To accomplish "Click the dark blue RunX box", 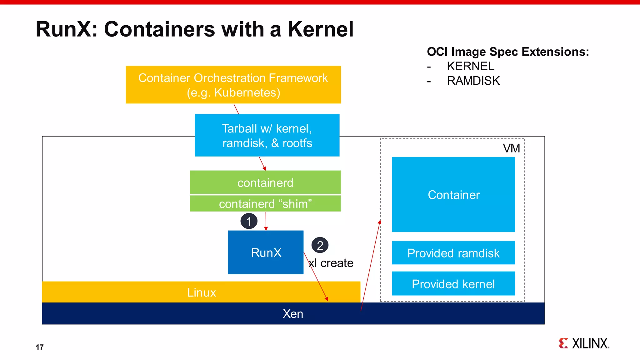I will point(266,252).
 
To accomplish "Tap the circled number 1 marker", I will point(249,221).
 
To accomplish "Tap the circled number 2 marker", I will point(320,245).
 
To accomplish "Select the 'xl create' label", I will point(331,263).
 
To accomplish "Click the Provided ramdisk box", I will point(453,253).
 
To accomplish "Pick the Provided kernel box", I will point(453,284).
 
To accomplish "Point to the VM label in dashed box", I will point(511,148).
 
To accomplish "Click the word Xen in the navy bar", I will point(293,314).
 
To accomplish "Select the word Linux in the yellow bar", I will point(202,292).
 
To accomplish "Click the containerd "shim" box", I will point(265,204).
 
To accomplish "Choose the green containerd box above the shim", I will point(265,182).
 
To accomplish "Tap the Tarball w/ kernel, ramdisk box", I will point(267,136).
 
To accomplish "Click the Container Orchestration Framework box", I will point(233,85).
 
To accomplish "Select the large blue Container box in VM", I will point(453,194).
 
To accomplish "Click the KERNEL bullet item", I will point(470,66).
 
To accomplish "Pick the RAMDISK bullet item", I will point(473,81).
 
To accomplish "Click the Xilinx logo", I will point(584,343).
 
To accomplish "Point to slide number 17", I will point(40,347).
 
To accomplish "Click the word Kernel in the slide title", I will point(320,29).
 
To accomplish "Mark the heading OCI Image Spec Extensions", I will point(508,52).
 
